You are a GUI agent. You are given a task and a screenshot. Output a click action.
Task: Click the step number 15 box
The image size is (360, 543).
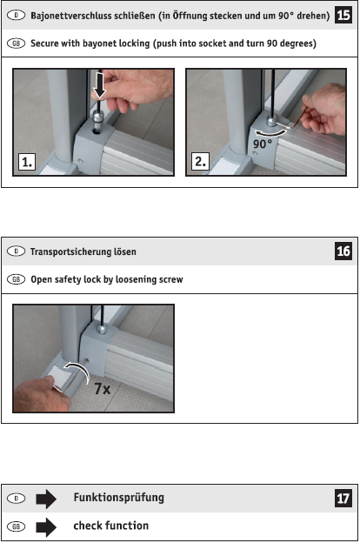click(x=343, y=15)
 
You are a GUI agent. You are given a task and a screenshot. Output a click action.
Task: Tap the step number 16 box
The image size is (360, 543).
click(x=343, y=251)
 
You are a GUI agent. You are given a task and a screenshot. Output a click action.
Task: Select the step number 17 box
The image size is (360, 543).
click(x=343, y=499)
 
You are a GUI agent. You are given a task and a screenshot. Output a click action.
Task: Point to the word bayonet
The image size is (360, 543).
click(x=100, y=44)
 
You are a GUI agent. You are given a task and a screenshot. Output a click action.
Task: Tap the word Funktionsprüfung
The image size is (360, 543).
click(x=119, y=498)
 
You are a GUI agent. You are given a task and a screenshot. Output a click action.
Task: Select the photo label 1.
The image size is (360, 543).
click(x=27, y=162)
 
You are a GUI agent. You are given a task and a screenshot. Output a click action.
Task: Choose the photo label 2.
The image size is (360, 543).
click(x=200, y=161)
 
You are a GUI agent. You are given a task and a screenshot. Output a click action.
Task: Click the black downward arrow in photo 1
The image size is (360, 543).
click(x=100, y=85)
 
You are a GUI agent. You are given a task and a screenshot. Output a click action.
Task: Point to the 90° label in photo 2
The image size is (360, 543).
click(x=262, y=144)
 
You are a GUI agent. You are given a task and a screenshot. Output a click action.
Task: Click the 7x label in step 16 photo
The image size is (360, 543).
click(x=103, y=389)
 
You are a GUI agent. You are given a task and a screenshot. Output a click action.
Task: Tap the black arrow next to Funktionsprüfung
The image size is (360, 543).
click(x=46, y=499)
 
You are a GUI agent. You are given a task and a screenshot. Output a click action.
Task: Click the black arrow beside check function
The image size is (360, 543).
click(x=46, y=527)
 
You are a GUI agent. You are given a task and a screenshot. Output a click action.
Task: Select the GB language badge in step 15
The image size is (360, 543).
click(x=16, y=44)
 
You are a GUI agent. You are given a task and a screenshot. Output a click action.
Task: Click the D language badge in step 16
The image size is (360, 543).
click(x=16, y=251)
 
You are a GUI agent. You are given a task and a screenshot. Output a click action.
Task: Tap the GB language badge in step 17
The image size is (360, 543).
click(x=16, y=526)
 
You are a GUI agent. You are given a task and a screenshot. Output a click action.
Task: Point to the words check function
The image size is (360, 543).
click(x=111, y=526)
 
